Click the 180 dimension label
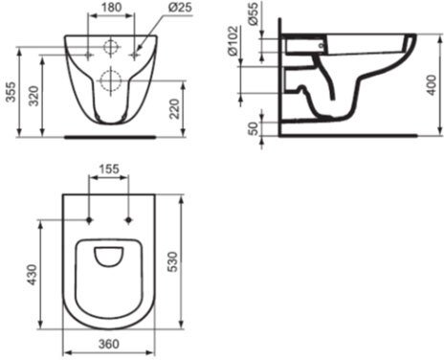click(111, 8)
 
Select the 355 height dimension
click(11, 90)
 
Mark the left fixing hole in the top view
click(89, 220)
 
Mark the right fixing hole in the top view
click(129, 220)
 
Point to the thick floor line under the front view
click(109, 136)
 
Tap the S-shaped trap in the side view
click(321, 96)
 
